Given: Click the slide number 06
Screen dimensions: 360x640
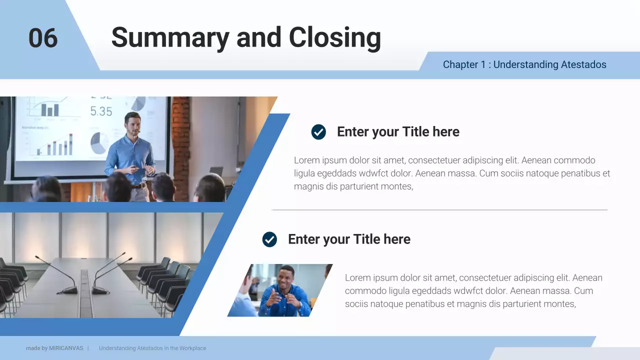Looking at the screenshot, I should (x=43, y=38).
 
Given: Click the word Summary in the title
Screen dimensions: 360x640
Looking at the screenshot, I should (x=169, y=37).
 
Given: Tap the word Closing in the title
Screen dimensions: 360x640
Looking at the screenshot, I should (x=334, y=37).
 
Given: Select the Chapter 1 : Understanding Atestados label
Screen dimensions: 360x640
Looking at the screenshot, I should (x=524, y=64).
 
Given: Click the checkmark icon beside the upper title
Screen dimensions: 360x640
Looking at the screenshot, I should (x=318, y=132).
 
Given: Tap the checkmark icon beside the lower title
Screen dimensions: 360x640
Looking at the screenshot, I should (x=269, y=239).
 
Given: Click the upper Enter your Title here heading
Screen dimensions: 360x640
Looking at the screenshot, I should (x=398, y=132).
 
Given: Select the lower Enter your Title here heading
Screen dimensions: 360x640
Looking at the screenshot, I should (x=349, y=239).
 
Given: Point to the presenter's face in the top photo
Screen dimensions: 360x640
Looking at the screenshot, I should (x=132, y=124).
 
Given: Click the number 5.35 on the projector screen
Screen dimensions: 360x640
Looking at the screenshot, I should (x=101, y=111).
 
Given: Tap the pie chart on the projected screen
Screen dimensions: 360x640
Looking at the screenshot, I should (x=99, y=143).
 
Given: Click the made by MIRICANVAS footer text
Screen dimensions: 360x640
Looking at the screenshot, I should (x=54, y=348).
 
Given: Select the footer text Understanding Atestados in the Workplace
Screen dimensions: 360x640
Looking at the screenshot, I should (x=152, y=348).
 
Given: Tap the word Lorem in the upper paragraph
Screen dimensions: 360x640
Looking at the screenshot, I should (x=306, y=160).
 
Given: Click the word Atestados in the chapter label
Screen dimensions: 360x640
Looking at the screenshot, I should (x=583, y=64).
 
